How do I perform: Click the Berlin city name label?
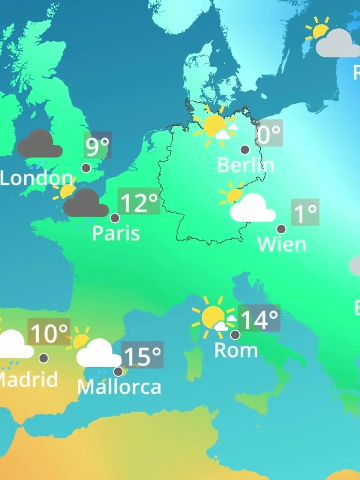coord(245,165)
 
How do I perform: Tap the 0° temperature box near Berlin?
coord(269,133)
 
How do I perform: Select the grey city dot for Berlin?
coord(245,149)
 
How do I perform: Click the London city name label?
coord(36,178)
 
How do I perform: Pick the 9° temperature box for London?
coord(97,145)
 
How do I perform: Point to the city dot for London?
coord(86,168)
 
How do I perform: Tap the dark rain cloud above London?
coord(39,145)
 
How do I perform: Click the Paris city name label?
coord(116,233)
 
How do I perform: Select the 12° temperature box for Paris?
coord(139,201)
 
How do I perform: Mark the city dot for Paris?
coord(115,218)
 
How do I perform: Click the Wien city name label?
coord(282,244)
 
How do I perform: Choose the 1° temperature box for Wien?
coord(305,212)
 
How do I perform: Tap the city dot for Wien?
coord(281,229)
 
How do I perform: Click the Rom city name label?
coord(236,350)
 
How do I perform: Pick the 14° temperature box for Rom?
coord(259,318)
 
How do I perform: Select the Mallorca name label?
coord(119,387)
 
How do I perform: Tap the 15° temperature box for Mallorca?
coord(142,355)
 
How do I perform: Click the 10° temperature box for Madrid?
coord(49,332)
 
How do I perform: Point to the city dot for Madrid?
coord(43,358)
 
